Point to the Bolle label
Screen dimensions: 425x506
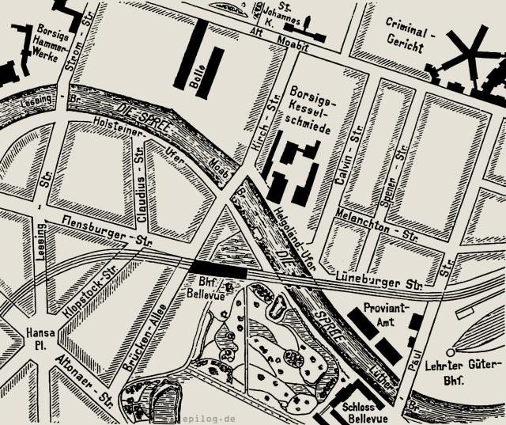(x=197, y=77)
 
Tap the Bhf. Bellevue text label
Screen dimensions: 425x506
(x=211, y=288)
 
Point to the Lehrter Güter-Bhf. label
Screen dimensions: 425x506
(x=464, y=371)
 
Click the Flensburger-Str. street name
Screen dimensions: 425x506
(x=100, y=231)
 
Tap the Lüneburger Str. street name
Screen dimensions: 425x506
(x=381, y=281)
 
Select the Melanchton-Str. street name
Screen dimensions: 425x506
(x=376, y=227)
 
